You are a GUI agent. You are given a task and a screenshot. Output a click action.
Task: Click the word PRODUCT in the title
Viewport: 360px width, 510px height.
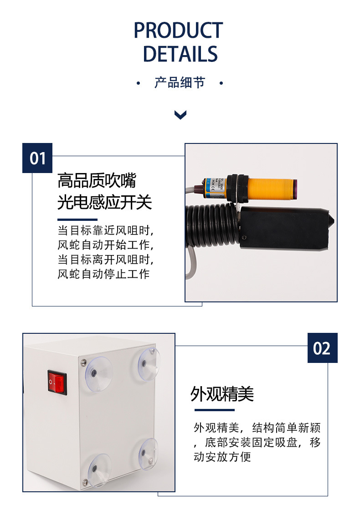[178, 31]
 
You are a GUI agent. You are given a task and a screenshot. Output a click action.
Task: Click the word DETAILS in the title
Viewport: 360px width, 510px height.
[180, 54]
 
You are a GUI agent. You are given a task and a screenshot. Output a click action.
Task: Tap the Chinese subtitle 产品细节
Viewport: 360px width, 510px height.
[180, 83]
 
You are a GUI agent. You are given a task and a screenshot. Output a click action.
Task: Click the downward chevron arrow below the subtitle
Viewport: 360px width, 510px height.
[180, 115]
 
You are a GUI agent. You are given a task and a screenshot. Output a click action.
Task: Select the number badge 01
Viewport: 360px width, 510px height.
[38, 158]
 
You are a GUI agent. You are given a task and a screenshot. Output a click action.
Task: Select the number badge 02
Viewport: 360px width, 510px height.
[322, 348]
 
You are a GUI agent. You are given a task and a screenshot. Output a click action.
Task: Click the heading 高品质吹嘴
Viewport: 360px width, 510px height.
[97, 181]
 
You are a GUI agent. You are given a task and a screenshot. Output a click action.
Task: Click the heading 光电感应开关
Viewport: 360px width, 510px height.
[104, 202]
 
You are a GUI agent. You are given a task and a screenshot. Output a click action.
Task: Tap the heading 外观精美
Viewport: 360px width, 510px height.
[222, 394]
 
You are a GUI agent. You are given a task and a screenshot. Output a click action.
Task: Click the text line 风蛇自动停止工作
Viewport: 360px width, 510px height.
[103, 274]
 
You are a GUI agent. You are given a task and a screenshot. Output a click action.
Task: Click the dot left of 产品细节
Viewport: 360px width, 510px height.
[139, 83]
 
